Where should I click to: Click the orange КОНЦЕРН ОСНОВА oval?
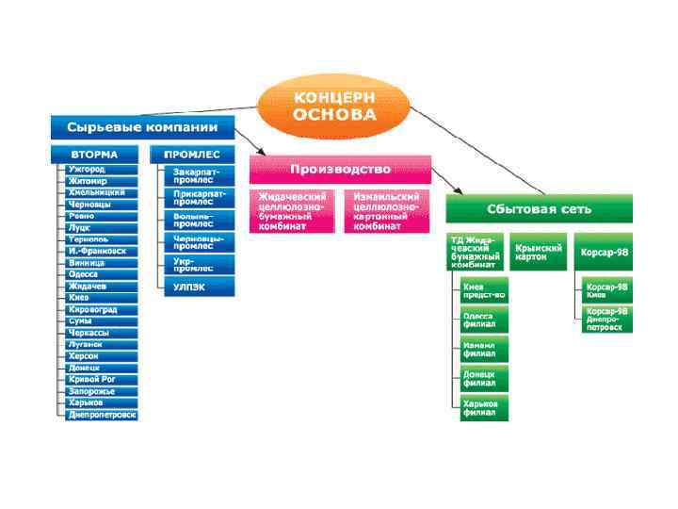point(333,107)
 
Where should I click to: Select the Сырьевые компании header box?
point(142,127)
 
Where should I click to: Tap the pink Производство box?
point(340,170)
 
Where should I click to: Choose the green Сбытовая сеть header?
point(539,208)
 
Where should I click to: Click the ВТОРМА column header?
point(94,154)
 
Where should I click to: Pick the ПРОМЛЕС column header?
point(192,154)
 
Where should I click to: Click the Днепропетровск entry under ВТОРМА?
point(102,414)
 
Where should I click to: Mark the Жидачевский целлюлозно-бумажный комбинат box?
point(293,211)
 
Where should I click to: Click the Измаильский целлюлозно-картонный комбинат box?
point(385,211)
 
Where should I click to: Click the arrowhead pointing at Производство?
point(260,151)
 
